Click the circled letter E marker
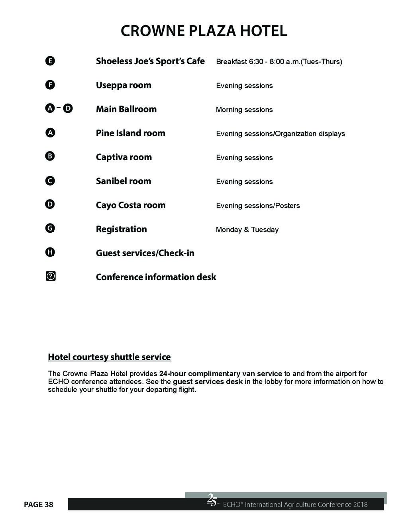coord(50,61)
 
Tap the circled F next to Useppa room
coord(50,85)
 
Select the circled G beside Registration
coord(50,228)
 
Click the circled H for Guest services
coord(50,252)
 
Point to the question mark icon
coord(51,276)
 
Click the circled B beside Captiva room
coord(50,156)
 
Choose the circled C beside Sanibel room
coord(50,181)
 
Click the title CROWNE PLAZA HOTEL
coord(204,31)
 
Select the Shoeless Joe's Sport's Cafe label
coord(150,61)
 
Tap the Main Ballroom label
coord(126,109)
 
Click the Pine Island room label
coord(130,133)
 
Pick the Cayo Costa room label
coord(130,205)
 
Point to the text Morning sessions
coord(244,110)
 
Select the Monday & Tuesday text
coord(247,230)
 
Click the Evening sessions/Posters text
coord(258,206)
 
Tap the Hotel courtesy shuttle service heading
coord(109,357)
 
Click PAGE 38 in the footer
coord(38,505)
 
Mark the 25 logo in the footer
coord(212,500)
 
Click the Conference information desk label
coord(156,277)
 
